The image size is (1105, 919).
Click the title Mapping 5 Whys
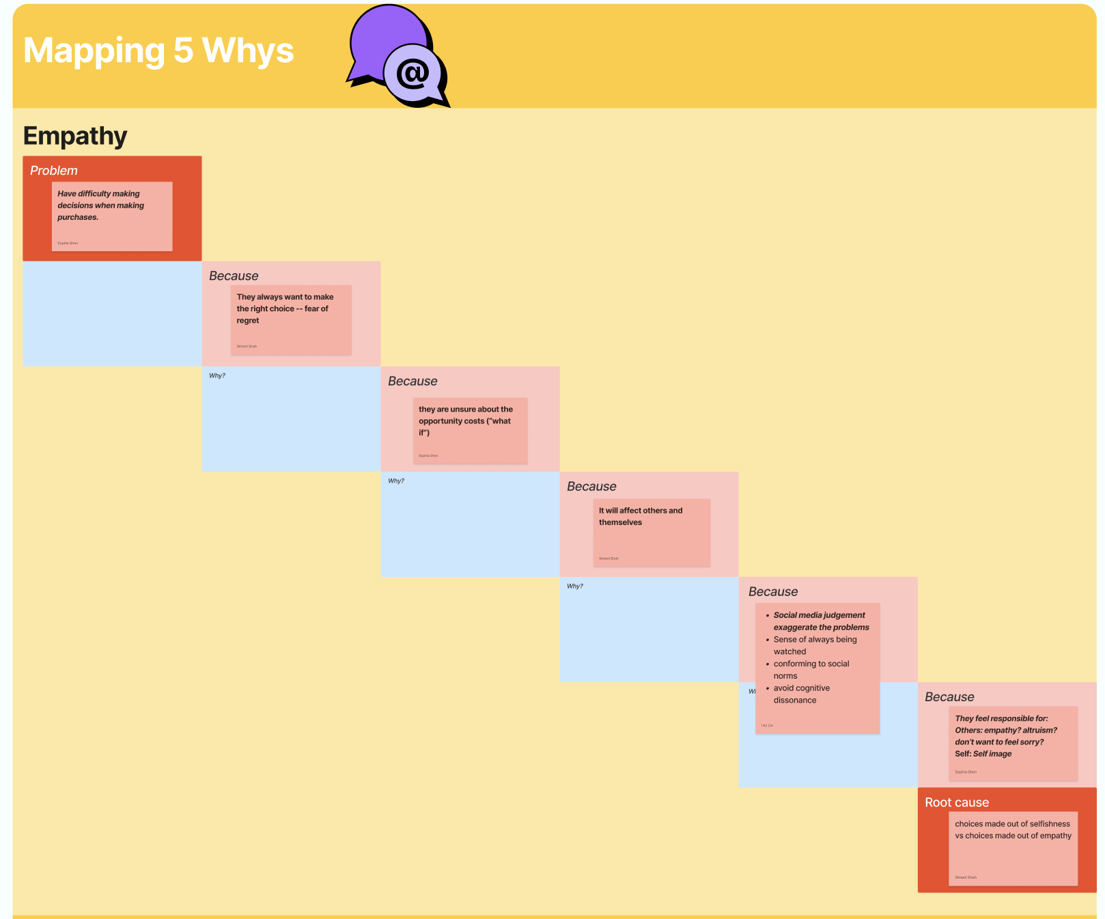click(158, 51)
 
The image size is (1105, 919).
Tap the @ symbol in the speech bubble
click(412, 74)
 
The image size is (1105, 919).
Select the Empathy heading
click(75, 136)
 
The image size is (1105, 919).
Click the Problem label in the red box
click(54, 171)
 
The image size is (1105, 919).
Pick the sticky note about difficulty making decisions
click(112, 215)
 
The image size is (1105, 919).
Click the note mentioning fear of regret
click(291, 319)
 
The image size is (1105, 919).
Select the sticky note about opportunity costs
click(470, 430)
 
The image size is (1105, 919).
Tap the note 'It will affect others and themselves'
click(651, 531)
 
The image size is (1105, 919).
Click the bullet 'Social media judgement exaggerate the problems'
click(820, 621)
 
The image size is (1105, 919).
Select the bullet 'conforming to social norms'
click(811, 670)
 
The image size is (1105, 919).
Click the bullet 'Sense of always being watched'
click(814, 645)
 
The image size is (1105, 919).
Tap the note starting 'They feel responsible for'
click(1012, 742)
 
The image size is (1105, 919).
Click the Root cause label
click(956, 802)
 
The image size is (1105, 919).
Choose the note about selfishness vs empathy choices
click(1012, 847)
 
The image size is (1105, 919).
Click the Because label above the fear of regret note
click(234, 276)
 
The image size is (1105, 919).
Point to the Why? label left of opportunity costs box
click(217, 376)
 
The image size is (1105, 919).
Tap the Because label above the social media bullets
click(772, 591)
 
